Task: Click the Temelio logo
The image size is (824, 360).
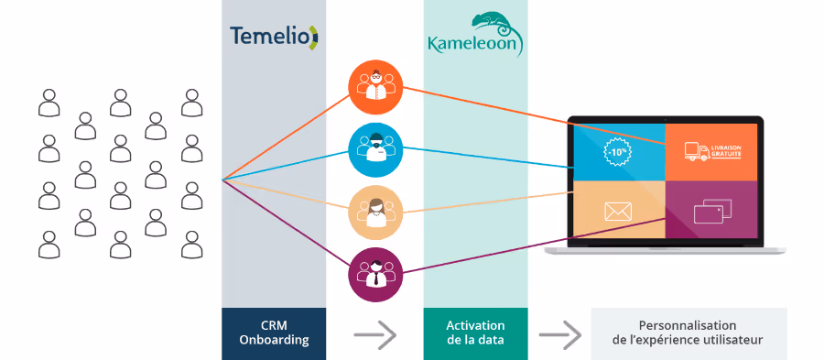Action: click(273, 36)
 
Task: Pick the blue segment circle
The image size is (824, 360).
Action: click(375, 147)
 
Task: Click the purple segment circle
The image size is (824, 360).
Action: click(375, 272)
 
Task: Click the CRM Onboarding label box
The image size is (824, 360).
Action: click(274, 333)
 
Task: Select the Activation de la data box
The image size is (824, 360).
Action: click(475, 333)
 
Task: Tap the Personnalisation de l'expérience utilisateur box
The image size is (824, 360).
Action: click(688, 333)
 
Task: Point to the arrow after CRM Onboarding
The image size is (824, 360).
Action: click(374, 334)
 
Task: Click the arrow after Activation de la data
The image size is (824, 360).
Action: click(559, 334)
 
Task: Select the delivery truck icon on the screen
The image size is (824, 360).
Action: click(698, 151)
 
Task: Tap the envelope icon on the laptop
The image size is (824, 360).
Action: click(619, 213)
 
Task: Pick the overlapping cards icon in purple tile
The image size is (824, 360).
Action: click(710, 213)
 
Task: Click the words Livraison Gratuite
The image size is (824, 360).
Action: click(727, 152)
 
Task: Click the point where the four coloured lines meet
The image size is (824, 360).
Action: click(223, 180)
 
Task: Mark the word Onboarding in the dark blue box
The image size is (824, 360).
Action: click(274, 341)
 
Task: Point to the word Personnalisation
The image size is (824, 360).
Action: click(688, 325)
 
